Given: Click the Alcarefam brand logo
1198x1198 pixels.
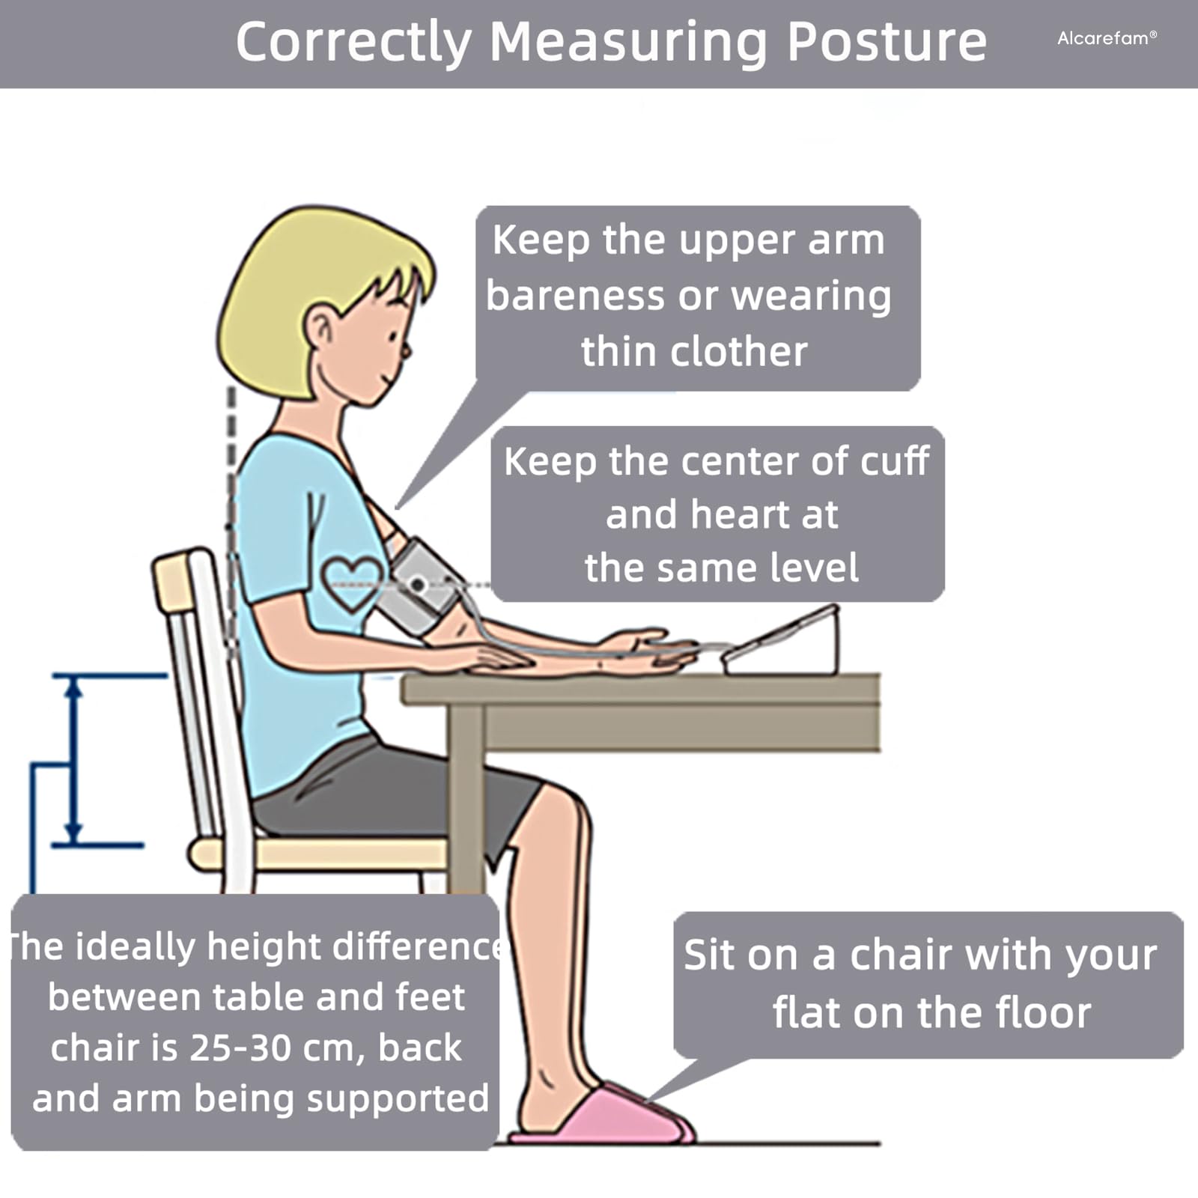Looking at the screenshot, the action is [x=1107, y=38].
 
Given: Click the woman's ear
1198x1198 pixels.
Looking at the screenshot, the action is [x=321, y=331].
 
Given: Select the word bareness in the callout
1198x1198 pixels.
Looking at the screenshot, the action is [x=574, y=295].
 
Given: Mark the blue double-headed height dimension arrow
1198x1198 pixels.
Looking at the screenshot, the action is [x=73, y=761].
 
